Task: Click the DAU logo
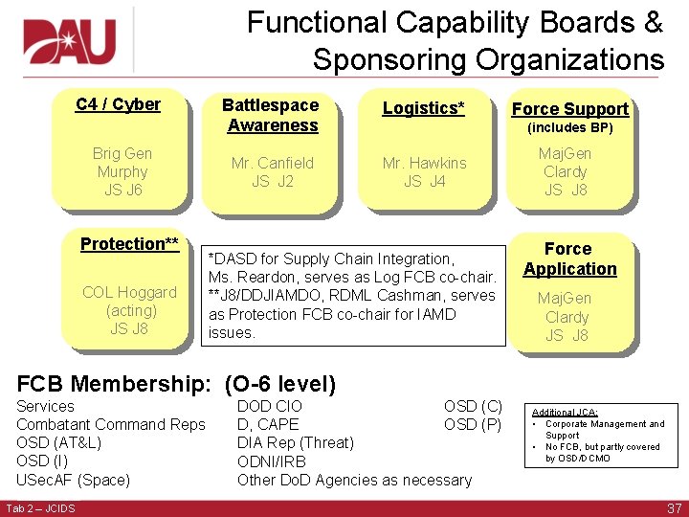(x=68, y=39)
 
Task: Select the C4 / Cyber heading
(x=118, y=104)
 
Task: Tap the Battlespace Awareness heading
(x=271, y=115)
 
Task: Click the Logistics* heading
(x=424, y=108)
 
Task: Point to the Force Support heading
(x=570, y=109)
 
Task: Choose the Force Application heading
(x=569, y=258)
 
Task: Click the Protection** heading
(x=129, y=244)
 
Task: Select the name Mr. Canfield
(x=273, y=163)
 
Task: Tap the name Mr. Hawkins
(x=425, y=163)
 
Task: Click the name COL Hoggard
(x=129, y=292)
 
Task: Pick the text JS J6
(x=122, y=191)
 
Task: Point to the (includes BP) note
(x=570, y=128)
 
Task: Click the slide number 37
(x=674, y=508)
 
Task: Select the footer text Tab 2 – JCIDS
(x=40, y=507)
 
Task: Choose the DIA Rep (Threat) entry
(x=295, y=442)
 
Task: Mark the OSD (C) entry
(x=473, y=406)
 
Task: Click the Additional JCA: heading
(x=565, y=412)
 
